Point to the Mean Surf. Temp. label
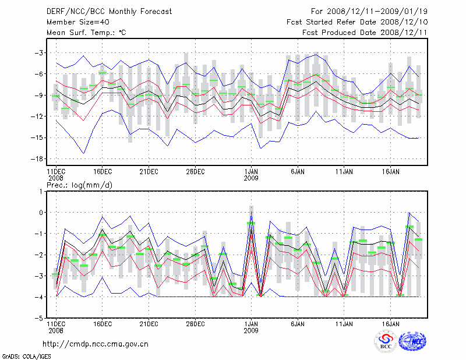click(86, 33)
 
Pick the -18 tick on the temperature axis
click(37, 159)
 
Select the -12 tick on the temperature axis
click(37, 117)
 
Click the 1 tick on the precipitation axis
click(41, 191)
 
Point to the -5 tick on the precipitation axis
click(38, 319)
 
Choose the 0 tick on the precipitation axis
click(41, 213)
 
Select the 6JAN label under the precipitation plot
click(298, 324)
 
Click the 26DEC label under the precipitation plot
click(195, 324)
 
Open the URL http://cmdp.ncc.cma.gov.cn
click(96, 344)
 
